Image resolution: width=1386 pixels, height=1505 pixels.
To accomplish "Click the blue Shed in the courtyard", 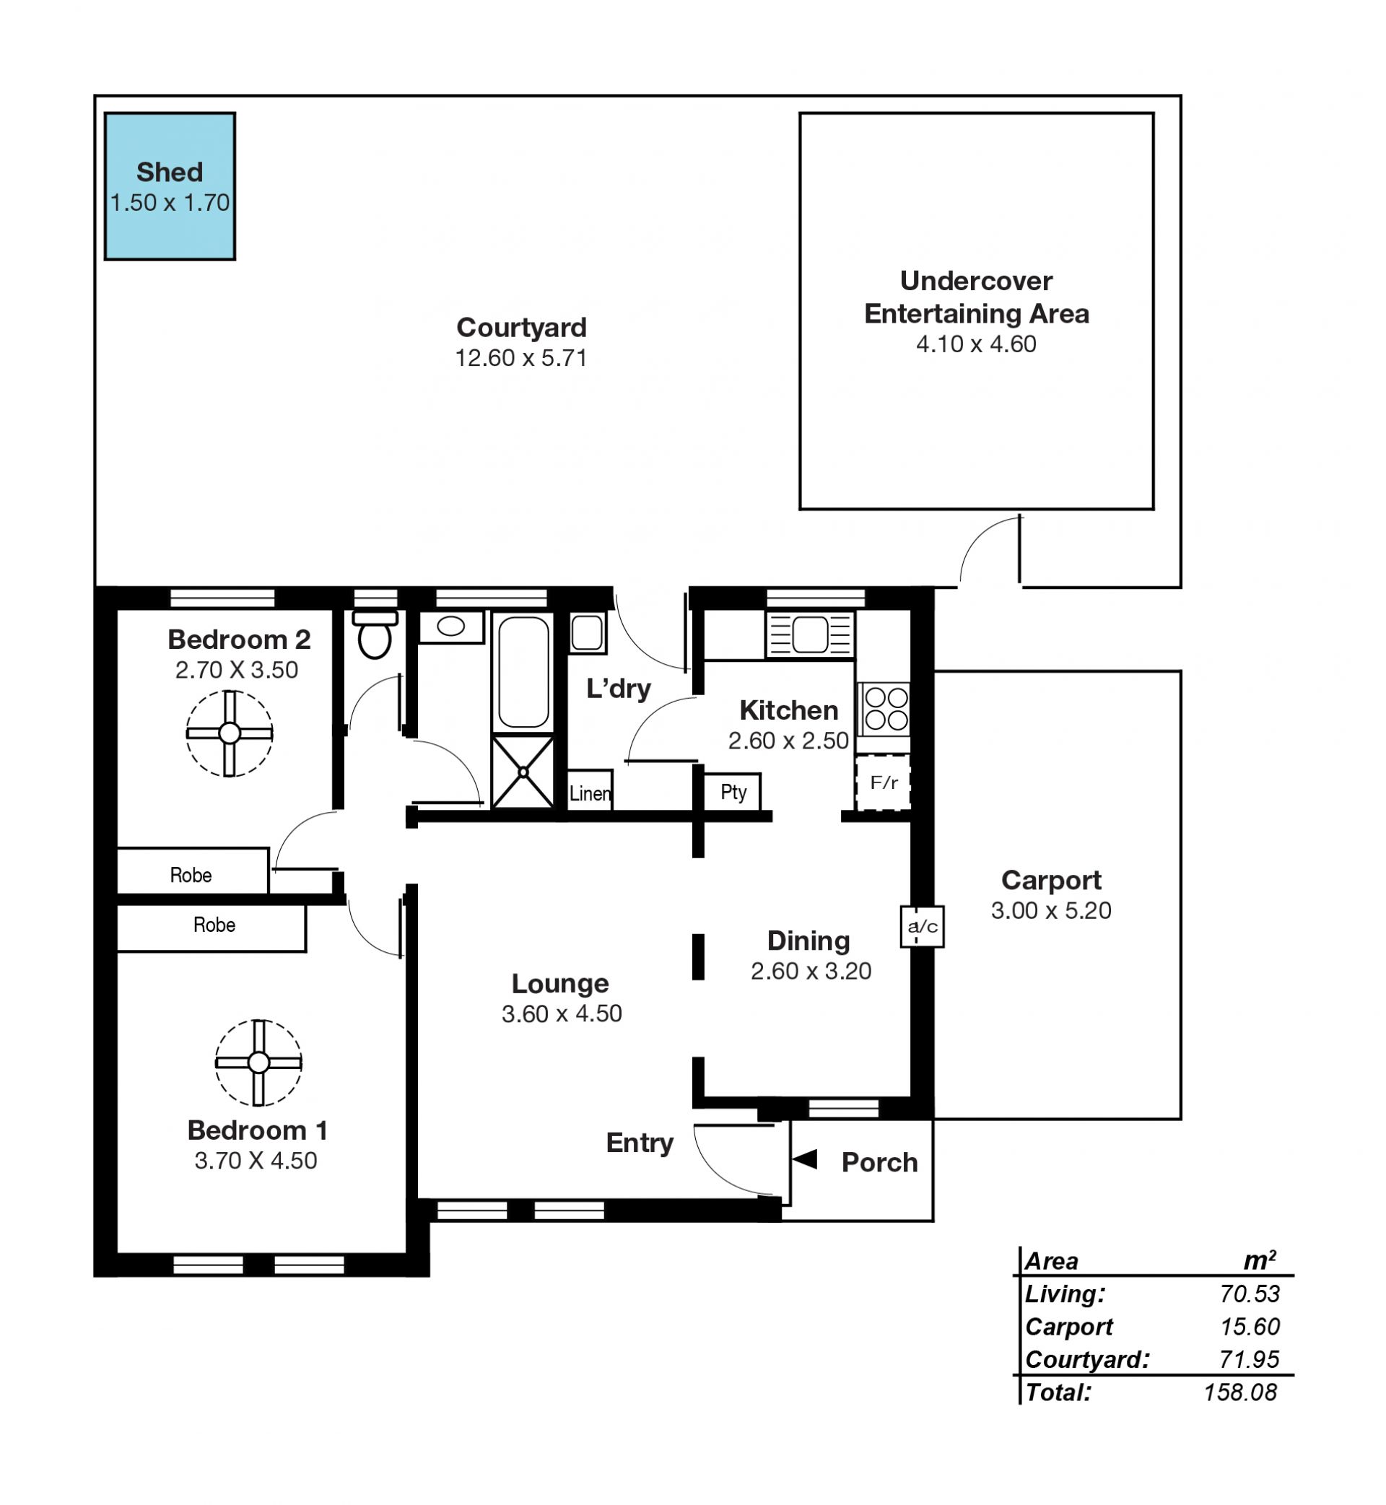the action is coord(170,187).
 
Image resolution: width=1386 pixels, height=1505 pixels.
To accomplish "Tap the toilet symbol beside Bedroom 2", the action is coord(375,634).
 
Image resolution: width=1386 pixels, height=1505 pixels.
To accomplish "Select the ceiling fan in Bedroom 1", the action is coord(258,1063).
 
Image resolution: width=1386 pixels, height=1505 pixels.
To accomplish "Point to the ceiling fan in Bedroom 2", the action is coord(230,733).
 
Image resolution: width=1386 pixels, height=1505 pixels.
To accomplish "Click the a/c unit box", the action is coord(922,926).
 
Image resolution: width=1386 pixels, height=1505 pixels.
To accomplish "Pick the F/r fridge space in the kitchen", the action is coord(884,783).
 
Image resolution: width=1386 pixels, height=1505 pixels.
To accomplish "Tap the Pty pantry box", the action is coord(732,792).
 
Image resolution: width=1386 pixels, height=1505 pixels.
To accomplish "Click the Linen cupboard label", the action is coord(590,793).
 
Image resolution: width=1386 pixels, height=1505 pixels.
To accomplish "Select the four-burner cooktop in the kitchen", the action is coord(885,709).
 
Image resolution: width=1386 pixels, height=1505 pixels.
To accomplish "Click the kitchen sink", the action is coord(810,634).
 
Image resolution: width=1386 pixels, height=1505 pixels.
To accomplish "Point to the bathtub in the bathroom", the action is coord(523,672).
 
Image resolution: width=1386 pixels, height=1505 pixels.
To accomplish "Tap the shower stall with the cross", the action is coord(523,772).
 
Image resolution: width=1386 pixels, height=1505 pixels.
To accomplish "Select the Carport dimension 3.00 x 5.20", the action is coord(1051,910).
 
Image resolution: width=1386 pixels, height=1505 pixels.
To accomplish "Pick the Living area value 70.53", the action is coord(1250,1294).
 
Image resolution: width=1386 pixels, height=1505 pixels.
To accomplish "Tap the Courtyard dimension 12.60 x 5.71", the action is coord(521,358).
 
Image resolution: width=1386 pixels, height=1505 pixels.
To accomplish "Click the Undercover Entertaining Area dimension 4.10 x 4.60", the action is coord(976,344).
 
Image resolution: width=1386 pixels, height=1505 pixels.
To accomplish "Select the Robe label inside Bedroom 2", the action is coord(191,875).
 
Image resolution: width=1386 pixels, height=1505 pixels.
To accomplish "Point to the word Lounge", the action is coord(560,983).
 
